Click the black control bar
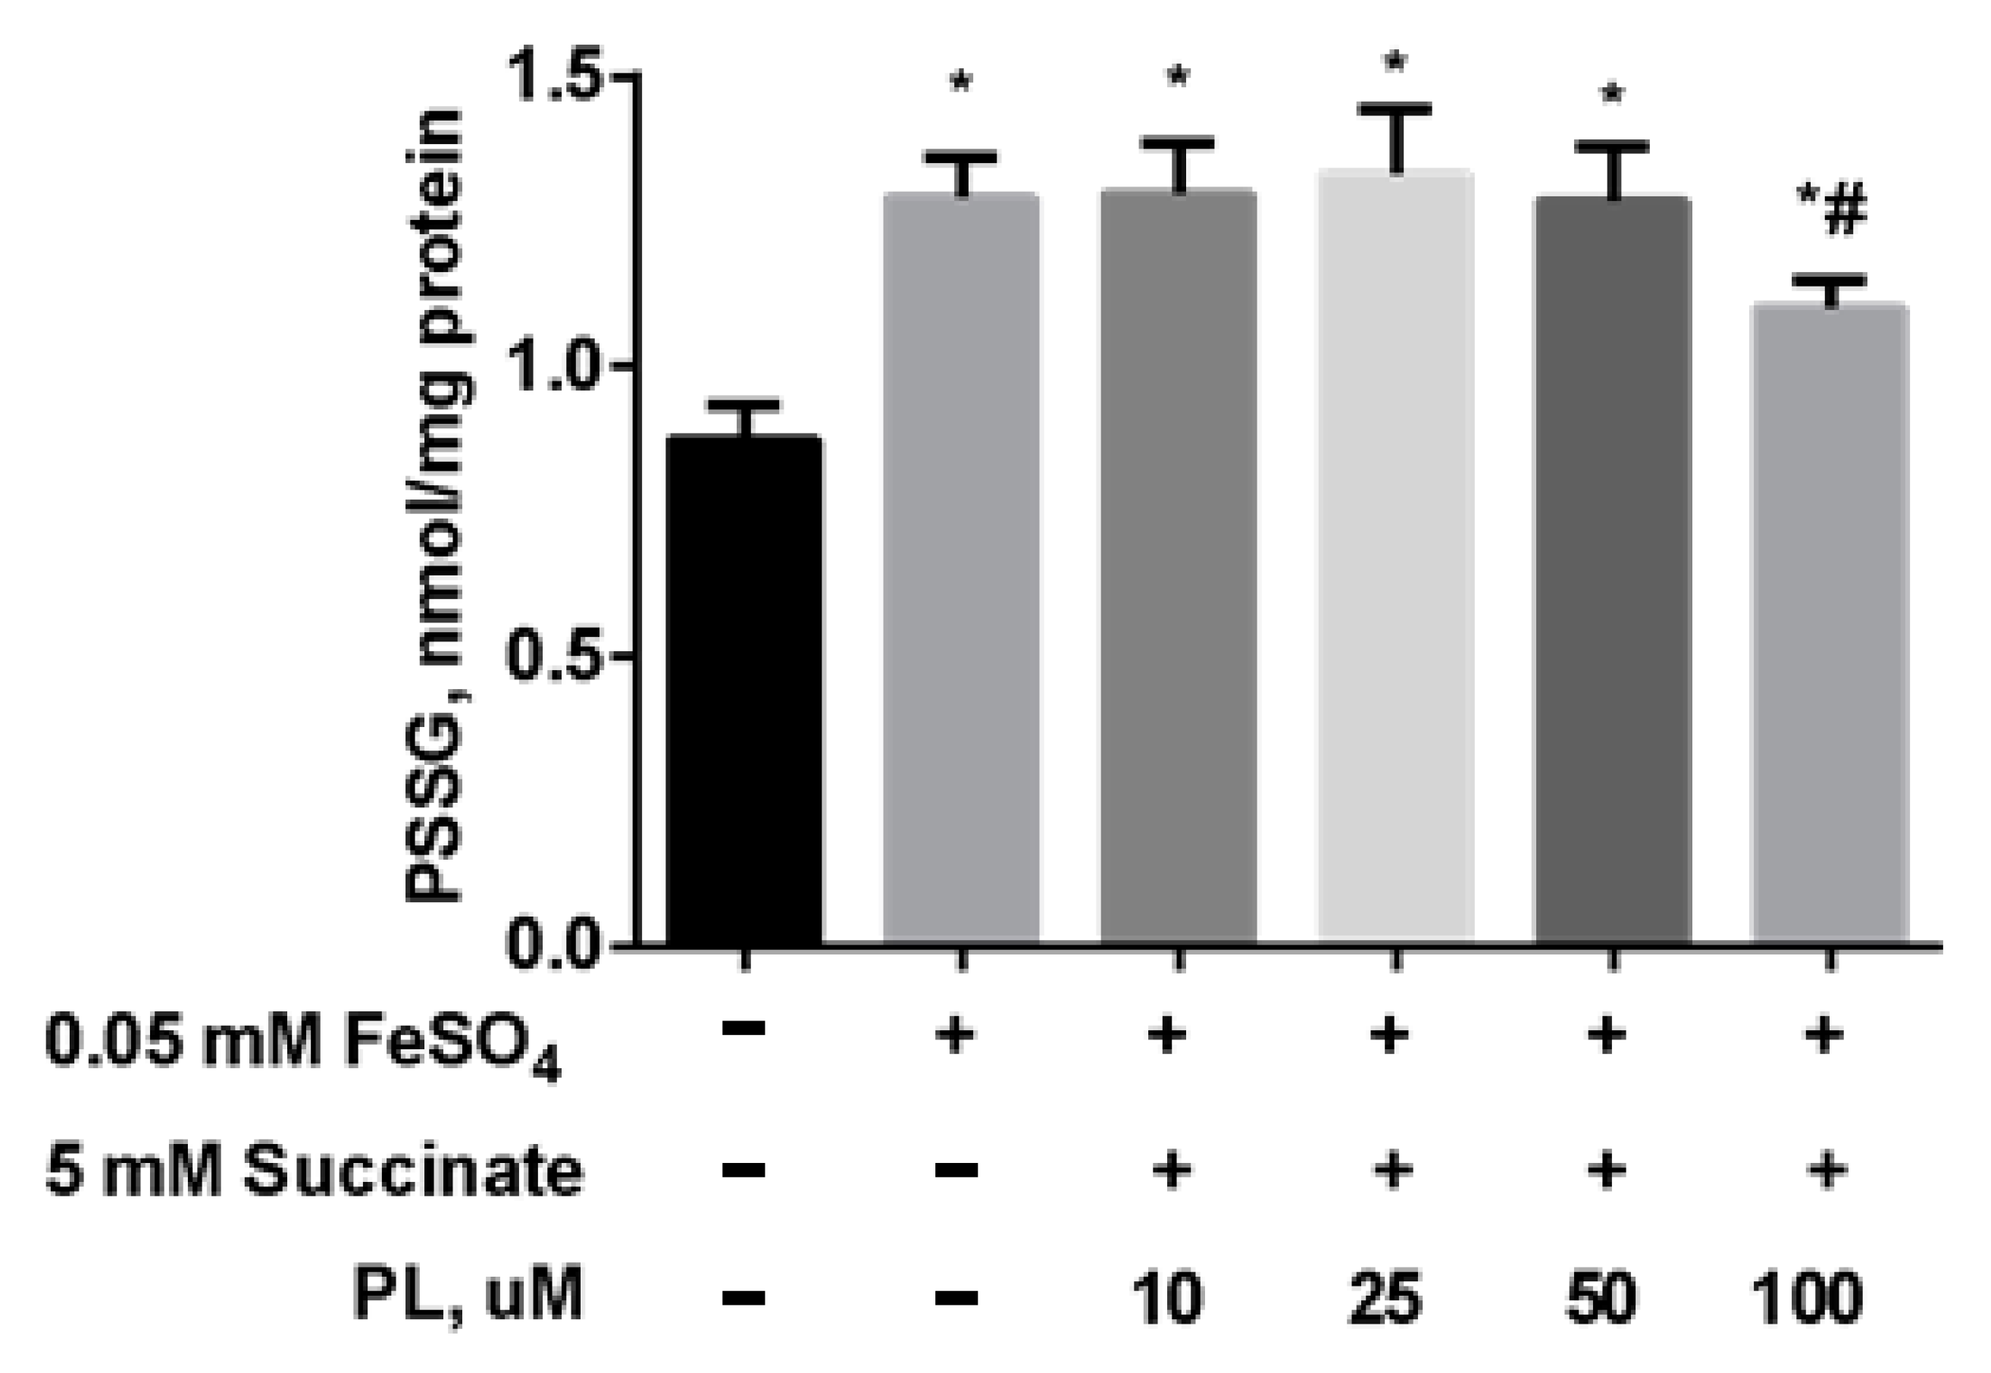tap(745, 688)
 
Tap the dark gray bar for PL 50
tap(1613, 568)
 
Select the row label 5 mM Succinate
tap(315, 1171)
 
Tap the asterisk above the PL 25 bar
tap(1395, 64)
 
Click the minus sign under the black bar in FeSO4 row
tap(745, 1029)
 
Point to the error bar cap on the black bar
tap(745, 404)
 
